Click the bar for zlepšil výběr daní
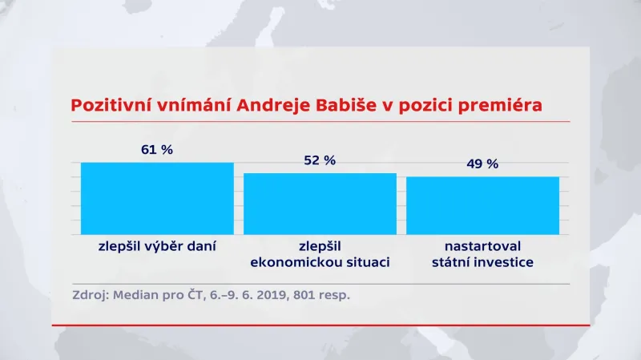click(157, 198)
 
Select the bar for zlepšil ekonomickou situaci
click(320, 204)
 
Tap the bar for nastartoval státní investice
click(482, 205)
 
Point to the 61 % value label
click(157, 149)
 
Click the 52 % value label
click(320, 160)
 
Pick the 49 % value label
click(482, 164)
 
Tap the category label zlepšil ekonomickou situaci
click(320, 253)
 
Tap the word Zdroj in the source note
click(89, 294)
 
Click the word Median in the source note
click(135, 294)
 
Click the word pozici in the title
click(421, 106)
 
